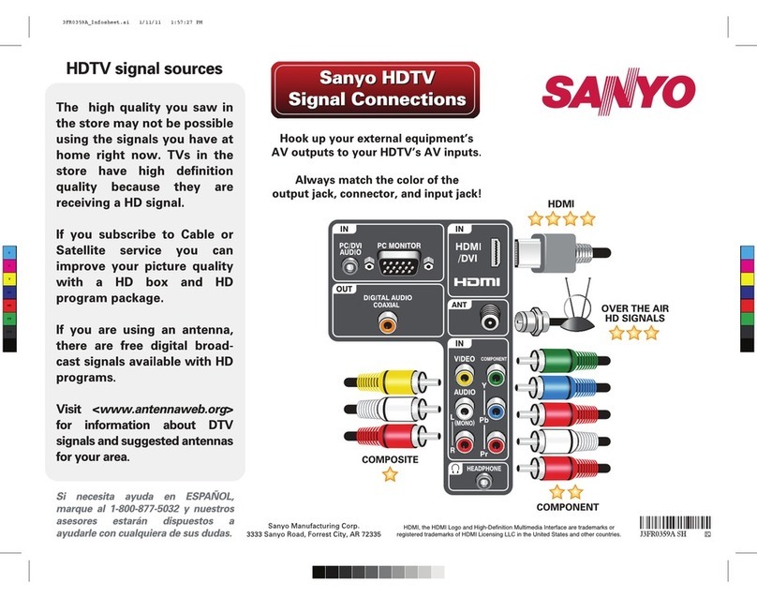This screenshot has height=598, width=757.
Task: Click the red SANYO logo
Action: tap(616, 92)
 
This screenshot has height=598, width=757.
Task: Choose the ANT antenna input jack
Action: tap(487, 318)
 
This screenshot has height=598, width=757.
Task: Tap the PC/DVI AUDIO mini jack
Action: tap(350, 265)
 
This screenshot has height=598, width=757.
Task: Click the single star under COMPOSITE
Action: tap(389, 475)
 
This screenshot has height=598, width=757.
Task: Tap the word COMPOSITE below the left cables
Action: tap(390, 459)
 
